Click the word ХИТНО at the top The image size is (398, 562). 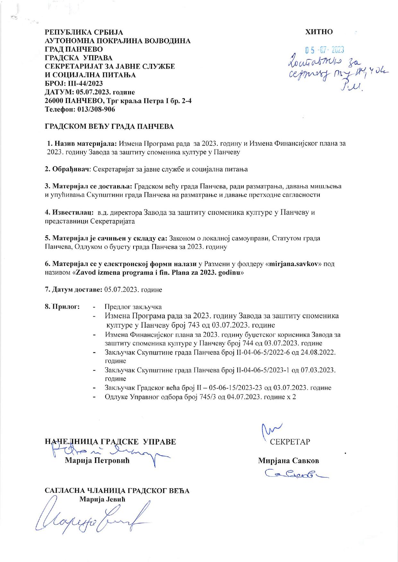319,32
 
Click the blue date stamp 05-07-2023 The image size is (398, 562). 324,50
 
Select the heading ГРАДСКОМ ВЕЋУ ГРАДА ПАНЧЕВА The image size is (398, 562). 109,126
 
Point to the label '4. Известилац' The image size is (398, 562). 69,212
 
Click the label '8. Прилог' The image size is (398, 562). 63,307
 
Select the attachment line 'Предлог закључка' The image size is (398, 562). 133,307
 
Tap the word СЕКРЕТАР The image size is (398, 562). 290,442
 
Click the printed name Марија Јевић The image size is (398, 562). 102,499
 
